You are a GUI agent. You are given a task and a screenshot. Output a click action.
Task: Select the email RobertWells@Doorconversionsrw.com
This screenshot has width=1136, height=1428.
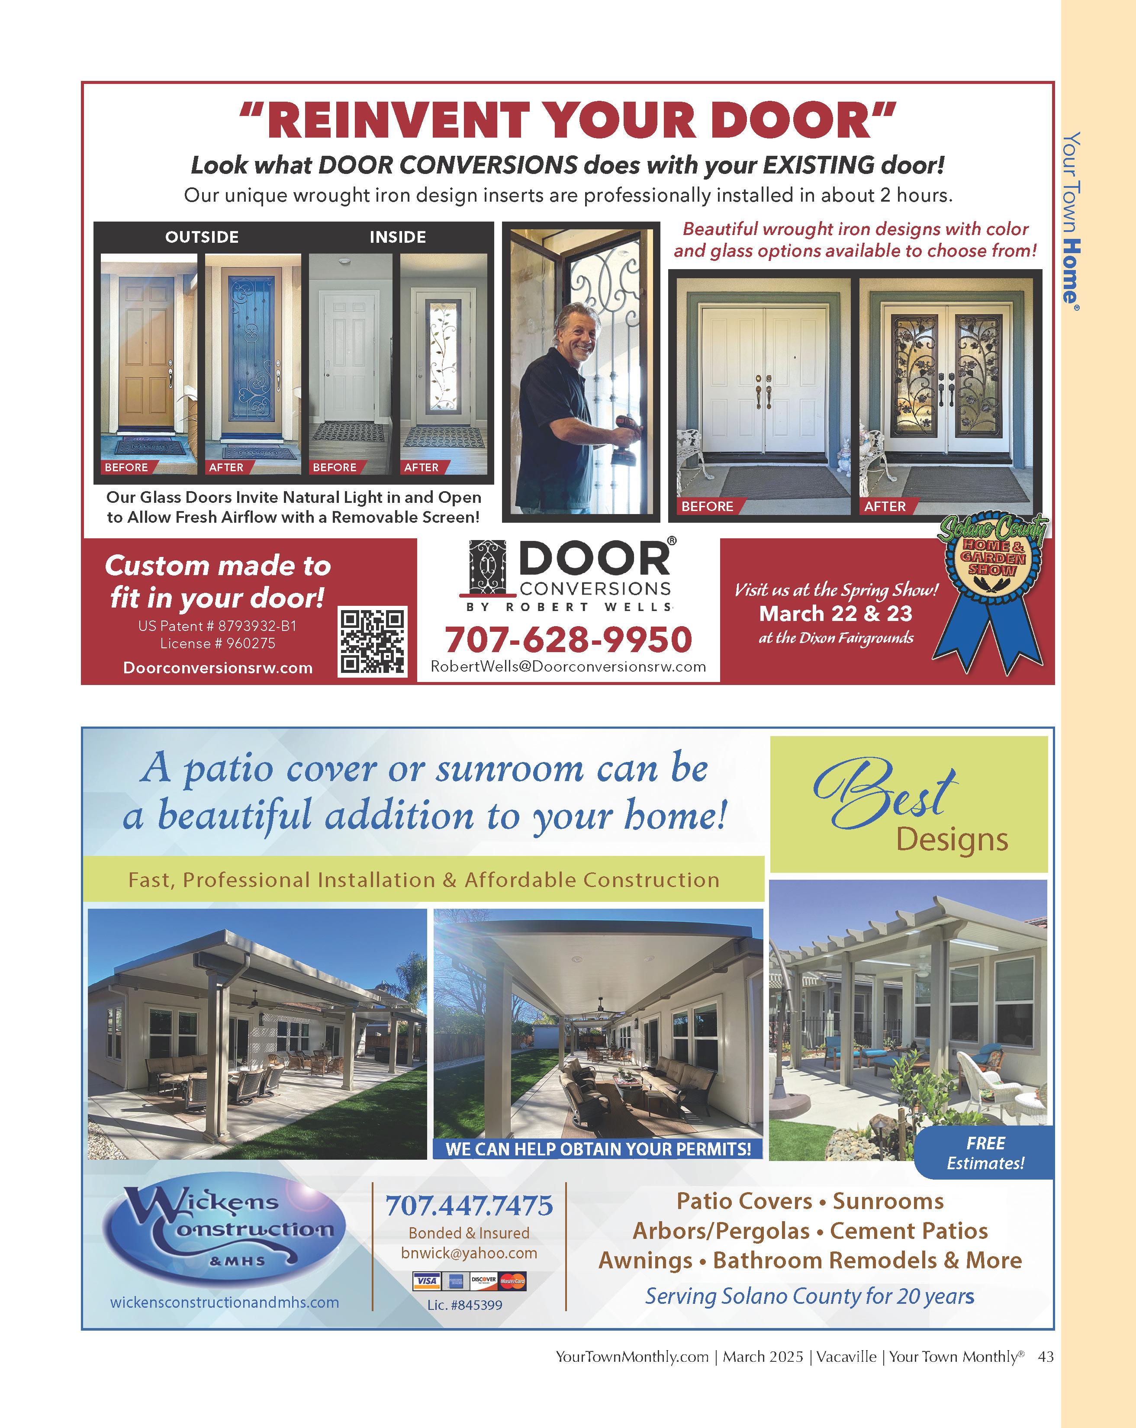point(568,666)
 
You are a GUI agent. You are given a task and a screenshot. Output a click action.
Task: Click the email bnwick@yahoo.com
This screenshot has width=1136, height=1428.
point(469,1253)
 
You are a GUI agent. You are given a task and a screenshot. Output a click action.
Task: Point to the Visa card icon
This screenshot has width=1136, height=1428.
point(427,1281)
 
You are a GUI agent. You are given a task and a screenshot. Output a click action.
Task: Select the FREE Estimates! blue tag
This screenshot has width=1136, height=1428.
point(985,1152)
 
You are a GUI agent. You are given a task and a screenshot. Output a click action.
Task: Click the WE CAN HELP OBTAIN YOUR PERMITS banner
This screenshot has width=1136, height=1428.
point(598,1148)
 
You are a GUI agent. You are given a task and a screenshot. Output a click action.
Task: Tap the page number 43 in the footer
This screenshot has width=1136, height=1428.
point(1045,1357)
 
